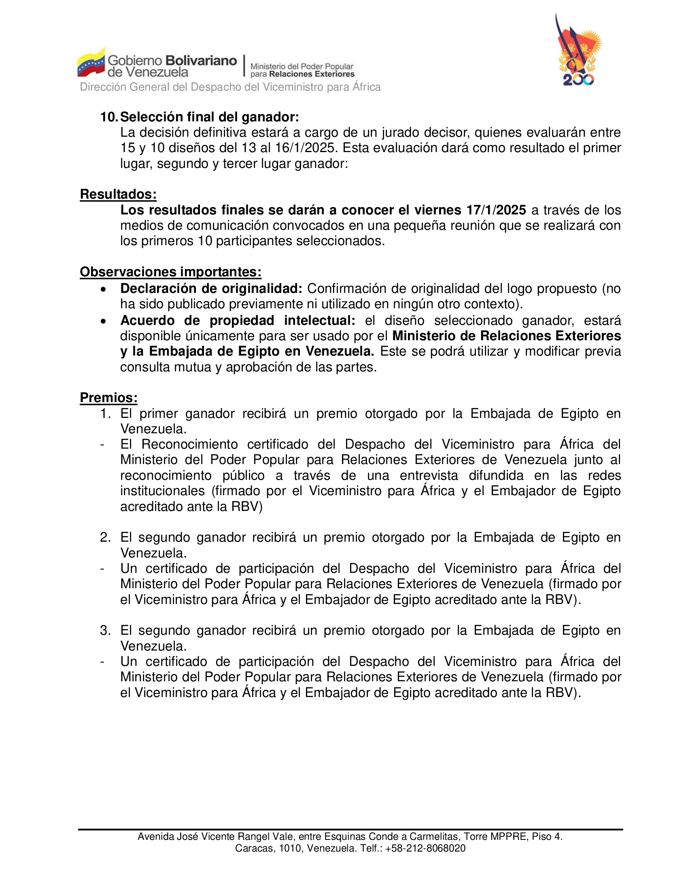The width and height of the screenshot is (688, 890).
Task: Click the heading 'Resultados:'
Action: pos(118,194)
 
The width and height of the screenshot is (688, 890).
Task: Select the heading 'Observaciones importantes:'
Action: pos(170,272)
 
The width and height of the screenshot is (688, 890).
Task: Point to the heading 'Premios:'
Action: pos(108,398)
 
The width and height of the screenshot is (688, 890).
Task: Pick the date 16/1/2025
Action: pos(302,148)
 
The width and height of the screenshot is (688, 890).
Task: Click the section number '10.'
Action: pos(109,117)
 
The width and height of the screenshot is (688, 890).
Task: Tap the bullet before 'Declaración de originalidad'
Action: pos(104,289)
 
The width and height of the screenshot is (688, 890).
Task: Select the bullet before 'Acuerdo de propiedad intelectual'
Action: pos(104,321)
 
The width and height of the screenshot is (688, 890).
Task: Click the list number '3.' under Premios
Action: pos(105,630)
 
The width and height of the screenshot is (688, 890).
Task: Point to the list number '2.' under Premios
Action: pos(105,538)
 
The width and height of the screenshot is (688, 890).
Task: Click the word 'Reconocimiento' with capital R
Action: pos(189,444)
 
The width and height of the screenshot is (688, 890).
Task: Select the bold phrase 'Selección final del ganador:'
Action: pos(210,117)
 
